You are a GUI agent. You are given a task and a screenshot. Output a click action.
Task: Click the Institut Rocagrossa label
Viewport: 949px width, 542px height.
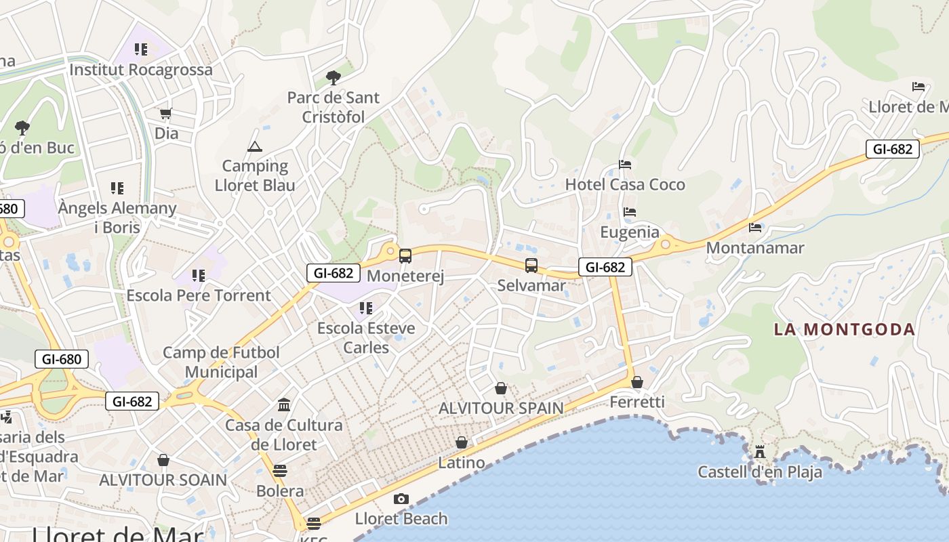pyautogui.click(x=141, y=69)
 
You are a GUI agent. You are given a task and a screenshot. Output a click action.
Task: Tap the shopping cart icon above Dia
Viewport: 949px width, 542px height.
pyautogui.click(x=166, y=113)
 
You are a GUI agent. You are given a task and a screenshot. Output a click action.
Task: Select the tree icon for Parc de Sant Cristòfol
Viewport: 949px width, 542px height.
pyautogui.click(x=332, y=78)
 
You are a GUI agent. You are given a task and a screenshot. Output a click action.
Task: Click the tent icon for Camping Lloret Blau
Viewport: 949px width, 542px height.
pyautogui.click(x=254, y=146)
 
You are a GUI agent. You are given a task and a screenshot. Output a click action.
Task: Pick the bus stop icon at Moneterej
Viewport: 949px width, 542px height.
pyautogui.click(x=405, y=256)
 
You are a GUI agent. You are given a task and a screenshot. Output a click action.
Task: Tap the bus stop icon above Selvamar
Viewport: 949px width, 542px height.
pyautogui.click(x=531, y=266)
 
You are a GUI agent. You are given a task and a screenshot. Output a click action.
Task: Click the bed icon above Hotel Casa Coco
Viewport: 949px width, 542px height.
pyautogui.click(x=625, y=165)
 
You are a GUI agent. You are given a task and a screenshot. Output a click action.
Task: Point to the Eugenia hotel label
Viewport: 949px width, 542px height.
pyautogui.click(x=630, y=232)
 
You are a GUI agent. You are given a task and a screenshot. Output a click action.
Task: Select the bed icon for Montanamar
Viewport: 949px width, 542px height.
pyautogui.click(x=755, y=228)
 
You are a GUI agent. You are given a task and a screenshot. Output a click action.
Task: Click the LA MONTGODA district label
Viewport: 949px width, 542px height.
pyautogui.click(x=845, y=330)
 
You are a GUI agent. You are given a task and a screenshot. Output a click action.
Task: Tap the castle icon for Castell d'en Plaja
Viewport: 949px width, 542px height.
pyautogui.click(x=760, y=451)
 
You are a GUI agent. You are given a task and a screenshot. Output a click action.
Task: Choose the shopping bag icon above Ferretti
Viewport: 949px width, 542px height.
pyautogui.click(x=637, y=383)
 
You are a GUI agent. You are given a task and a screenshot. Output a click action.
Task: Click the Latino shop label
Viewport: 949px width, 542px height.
pyautogui.click(x=462, y=463)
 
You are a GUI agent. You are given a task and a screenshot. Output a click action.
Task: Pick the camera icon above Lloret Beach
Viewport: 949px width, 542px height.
pyautogui.click(x=401, y=499)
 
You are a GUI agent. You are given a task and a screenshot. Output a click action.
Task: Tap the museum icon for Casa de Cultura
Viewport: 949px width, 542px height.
pyautogui.click(x=284, y=405)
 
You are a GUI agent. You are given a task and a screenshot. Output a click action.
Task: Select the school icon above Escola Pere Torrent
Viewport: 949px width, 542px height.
pyautogui.click(x=199, y=276)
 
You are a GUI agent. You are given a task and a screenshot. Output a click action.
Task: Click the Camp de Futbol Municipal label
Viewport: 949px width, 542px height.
pyautogui.click(x=221, y=362)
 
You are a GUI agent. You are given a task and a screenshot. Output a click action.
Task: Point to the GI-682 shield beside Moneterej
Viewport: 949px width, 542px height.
pyautogui.click(x=333, y=273)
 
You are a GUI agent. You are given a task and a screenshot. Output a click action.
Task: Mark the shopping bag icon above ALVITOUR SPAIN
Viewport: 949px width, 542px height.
pyautogui.click(x=501, y=388)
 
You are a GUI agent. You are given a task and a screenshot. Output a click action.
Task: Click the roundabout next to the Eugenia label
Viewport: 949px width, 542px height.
pyautogui.click(x=666, y=243)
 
